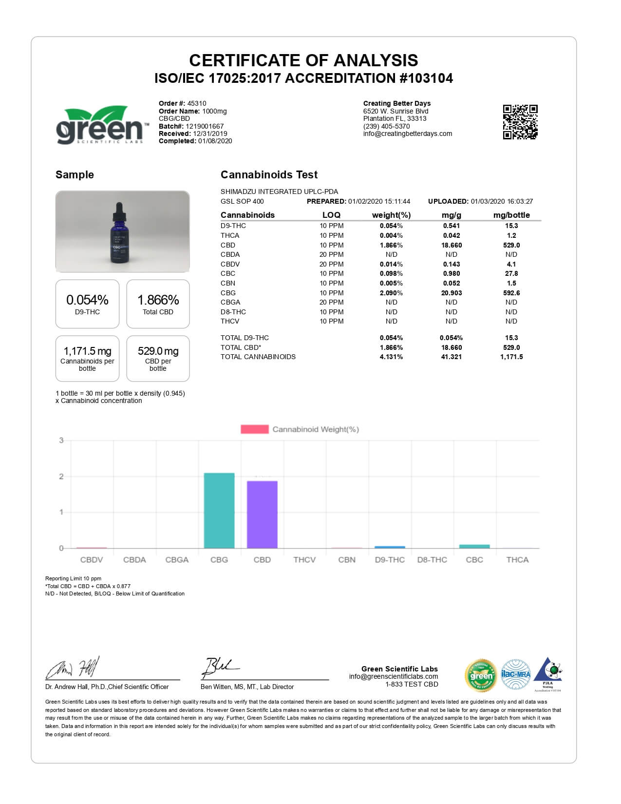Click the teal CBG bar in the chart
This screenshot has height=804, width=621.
coord(219,510)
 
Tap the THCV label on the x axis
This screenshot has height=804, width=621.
coord(304,560)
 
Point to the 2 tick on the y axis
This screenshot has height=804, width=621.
coord(61,477)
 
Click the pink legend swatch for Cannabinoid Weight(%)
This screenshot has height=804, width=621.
coord(254,429)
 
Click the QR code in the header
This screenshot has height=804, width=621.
coord(520,122)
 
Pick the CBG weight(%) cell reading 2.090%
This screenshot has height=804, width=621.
coord(391,293)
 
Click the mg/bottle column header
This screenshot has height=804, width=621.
coord(511,215)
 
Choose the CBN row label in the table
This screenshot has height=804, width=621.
coord(228,283)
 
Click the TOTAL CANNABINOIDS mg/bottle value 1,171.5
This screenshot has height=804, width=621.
coord(511,357)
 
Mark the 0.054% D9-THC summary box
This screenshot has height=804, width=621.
coord(87,304)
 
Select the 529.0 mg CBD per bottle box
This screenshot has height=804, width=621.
coord(158,358)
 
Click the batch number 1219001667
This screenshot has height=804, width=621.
coord(205,126)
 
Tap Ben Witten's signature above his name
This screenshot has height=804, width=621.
coord(219,668)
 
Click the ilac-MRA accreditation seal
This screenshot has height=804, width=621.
coord(516,675)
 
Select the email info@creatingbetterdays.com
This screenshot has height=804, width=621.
coord(408,134)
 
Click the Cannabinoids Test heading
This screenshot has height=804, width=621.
coord(269,174)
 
